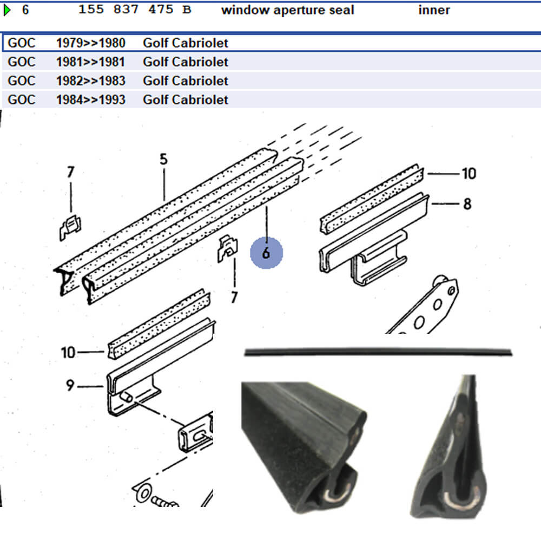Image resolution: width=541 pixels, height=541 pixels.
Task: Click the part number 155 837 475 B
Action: tap(134, 10)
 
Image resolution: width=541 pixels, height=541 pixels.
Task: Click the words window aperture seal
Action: tap(287, 10)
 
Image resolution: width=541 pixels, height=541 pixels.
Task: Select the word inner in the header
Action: tap(434, 10)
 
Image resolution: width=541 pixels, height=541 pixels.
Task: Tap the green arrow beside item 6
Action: tap(7, 10)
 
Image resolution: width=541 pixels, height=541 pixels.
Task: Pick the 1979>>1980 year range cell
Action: tap(90, 43)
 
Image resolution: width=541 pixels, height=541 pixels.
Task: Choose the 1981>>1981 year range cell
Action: tap(90, 62)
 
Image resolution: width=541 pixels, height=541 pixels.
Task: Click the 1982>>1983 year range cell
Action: tap(90, 81)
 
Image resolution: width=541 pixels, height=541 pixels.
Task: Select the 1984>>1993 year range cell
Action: tap(90, 100)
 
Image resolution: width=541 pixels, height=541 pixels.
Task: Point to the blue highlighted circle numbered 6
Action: tap(266, 253)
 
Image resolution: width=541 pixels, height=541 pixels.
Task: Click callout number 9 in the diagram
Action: tap(70, 386)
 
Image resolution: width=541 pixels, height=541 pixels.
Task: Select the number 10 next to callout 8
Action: tap(469, 173)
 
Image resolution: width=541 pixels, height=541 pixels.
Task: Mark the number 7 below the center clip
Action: tap(234, 297)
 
